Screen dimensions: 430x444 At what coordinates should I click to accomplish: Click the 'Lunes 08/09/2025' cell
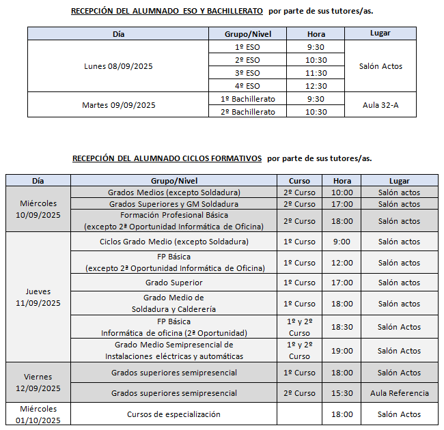click(119, 66)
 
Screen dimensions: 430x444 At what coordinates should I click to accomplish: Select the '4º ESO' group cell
click(247, 86)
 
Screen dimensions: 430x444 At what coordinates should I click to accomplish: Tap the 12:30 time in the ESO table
click(316, 86)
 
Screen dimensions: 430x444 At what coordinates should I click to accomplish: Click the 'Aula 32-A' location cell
click(380, 105)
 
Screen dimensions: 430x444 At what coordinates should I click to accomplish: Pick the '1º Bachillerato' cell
click(248, 99)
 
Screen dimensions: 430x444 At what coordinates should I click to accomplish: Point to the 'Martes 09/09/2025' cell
click(119, 105)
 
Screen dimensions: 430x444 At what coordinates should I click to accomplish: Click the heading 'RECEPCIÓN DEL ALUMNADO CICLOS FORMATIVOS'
click(167, 158)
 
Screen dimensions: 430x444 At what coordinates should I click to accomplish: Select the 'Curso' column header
click(299, 181)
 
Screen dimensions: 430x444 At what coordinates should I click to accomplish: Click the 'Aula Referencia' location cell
click(400, 393)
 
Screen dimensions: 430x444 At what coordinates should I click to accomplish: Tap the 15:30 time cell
click(342, 393)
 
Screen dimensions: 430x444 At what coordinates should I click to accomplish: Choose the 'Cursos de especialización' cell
click(174, 414)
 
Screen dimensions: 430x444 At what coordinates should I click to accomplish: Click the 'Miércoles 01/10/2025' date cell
click(38, 414)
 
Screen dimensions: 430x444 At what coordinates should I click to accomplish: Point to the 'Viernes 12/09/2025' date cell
click(38, 383)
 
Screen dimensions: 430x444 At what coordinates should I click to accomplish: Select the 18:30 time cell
click(342, 327)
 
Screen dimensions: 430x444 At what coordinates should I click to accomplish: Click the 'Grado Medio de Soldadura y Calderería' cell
click(174, 303)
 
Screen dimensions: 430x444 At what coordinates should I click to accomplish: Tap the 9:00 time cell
click(342, 242)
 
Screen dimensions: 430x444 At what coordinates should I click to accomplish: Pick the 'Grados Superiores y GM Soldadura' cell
click(174, 204)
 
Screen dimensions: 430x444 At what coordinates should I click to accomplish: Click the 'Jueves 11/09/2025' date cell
click(38, 297)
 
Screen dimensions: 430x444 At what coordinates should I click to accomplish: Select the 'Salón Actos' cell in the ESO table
click(380, 66)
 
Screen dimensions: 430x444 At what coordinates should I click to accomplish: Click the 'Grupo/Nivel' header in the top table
click(247, 34)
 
